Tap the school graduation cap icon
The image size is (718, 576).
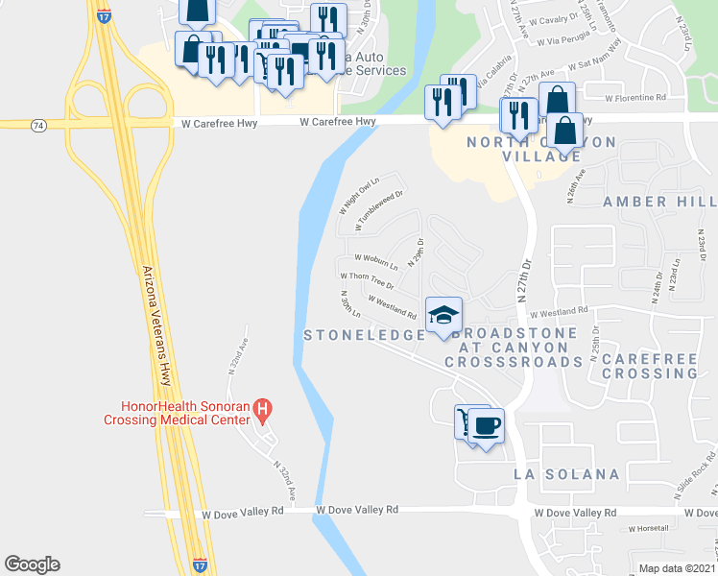(443, 314)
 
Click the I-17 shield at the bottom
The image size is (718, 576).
(199, 565)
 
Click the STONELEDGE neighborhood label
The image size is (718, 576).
(364, 335)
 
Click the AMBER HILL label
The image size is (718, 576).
(658, 202)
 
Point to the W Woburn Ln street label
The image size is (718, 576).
(376, 258)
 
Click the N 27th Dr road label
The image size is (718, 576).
(524, 279)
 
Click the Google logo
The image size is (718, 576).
(32, 564)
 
